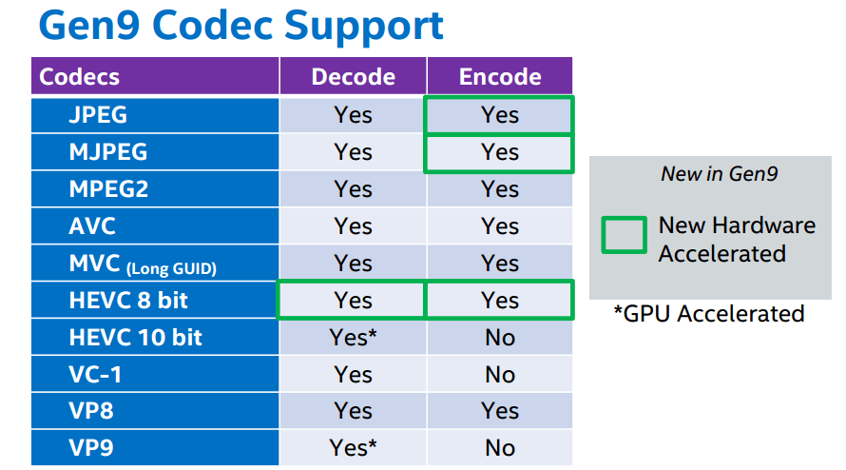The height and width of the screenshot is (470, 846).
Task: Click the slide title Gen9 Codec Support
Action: pyautogui.click(x=241, y=26)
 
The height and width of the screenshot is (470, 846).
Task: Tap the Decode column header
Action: pyautogui.click(x=353, y=76)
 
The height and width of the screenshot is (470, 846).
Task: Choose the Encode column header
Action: pyautogui.click(x=500, y=76)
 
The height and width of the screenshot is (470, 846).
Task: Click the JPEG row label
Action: pyautogui.click(x=98, y=115)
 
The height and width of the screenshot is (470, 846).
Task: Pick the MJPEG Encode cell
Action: pyautogui.click(x=500, y=152)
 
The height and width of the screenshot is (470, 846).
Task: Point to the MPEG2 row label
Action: pyautogui.click(x=108, y=189)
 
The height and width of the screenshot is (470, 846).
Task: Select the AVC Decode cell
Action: pyautogui.click(x=353, y=225)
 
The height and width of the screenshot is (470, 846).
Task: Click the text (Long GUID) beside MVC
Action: pyautogui.click(x=171, y=268)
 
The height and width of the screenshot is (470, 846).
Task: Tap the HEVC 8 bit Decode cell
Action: pyautogui.click(x=352, y=300)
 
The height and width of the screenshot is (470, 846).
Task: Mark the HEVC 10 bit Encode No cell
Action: pyautogui.click(x=500, y=337)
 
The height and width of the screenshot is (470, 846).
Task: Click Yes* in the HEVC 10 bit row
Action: pyautogui.click(x=353, y=337)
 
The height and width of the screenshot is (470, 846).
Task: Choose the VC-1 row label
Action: pyautogui.click(x=95, y=374)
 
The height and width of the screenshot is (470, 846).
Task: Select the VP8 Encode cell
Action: pyautogui.click(x=500, y=411)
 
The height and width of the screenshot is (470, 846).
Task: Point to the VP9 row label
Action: pyautogui.click(x=91, y=448)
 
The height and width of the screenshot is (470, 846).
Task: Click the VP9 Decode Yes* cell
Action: pyautogui.click(x=353, y=447)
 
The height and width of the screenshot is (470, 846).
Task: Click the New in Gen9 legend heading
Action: pyautogui.click(x=720, y=174)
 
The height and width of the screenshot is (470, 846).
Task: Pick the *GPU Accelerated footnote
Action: pyautogui.click(x=709, y=313)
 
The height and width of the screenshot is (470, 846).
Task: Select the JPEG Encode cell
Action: pyautogui.click(x=500, y=115)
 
